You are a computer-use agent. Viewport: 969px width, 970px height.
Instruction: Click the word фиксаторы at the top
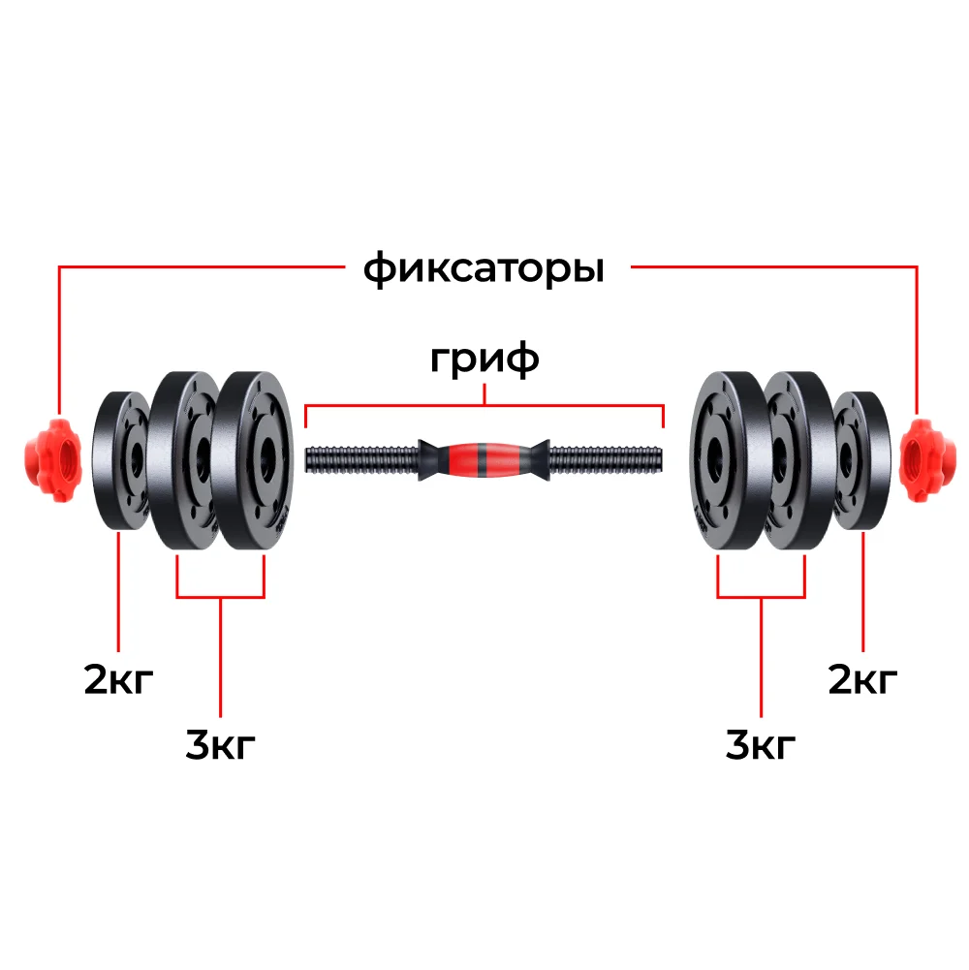coord(484,268)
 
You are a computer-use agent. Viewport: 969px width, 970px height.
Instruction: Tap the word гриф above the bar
coord(484,359)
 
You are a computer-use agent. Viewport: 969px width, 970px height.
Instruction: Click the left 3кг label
coord(220,744)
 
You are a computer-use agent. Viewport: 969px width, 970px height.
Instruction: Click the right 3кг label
coord(761,744)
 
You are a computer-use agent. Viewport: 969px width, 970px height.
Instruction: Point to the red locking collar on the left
coord(52,459)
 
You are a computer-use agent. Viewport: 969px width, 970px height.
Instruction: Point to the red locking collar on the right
coord(919,459)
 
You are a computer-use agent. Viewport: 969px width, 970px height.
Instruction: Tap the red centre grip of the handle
coord(485,459)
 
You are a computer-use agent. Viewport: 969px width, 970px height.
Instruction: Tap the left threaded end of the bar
coord(362,459)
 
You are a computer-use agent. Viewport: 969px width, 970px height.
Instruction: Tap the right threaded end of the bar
coord(607,459)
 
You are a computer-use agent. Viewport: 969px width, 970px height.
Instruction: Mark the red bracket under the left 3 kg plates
coord(220,597)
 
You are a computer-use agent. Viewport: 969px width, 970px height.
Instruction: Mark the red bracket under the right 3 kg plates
coord(761,597)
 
